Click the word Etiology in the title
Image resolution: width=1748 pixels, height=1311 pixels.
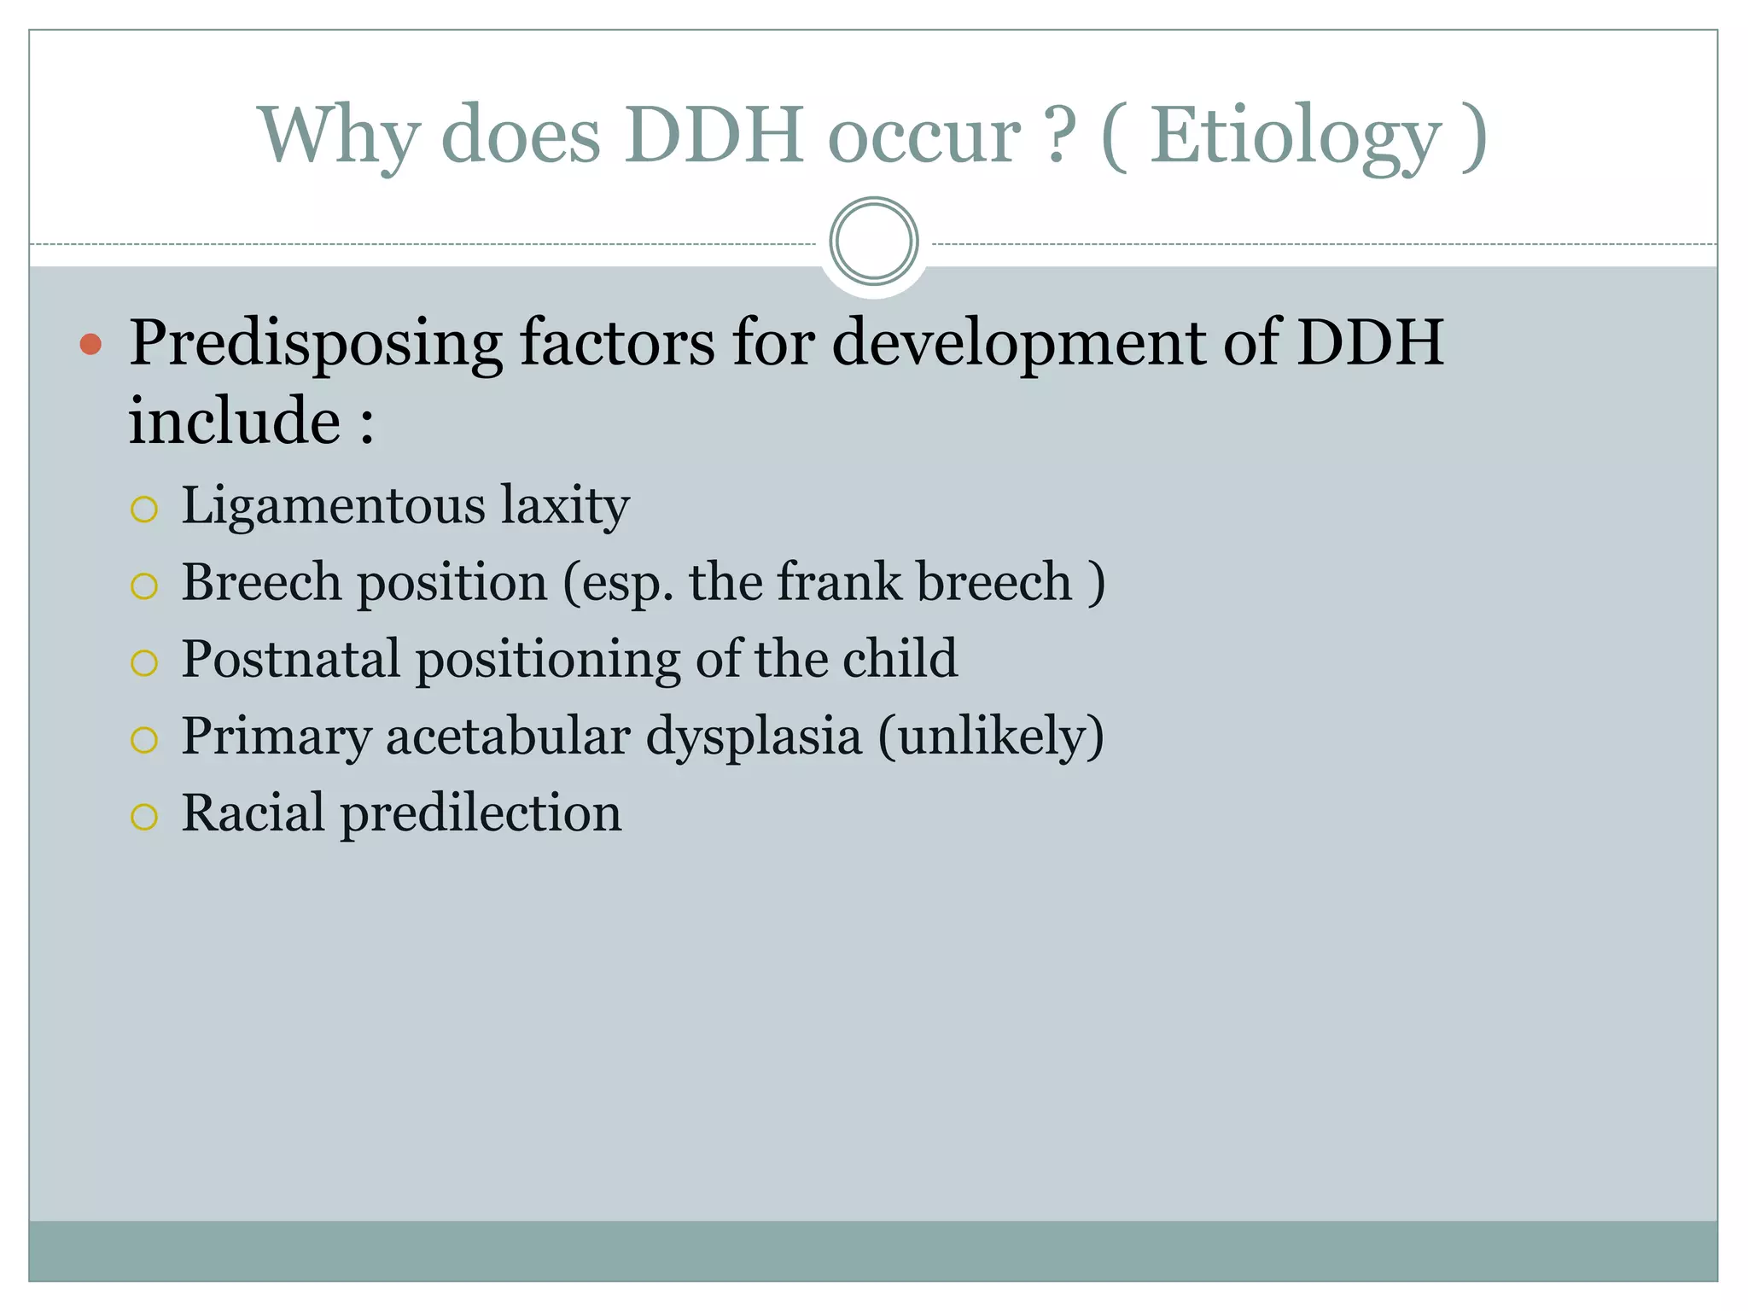1296,137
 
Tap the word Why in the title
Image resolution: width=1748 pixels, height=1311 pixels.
339,137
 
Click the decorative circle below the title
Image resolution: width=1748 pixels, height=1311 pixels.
873,242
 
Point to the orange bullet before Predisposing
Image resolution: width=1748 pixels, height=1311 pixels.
90,345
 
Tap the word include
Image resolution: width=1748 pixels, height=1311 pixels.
235,421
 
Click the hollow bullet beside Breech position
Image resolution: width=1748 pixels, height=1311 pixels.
144,586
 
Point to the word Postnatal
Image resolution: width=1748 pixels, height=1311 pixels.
291,659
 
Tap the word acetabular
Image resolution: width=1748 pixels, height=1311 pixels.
508,736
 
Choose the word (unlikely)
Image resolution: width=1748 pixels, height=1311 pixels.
991,736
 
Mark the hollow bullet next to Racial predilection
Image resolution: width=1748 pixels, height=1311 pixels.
144,817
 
